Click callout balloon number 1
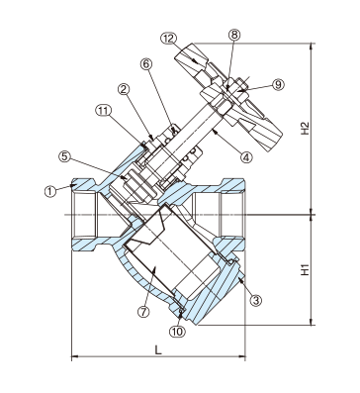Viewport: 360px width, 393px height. point(50,191)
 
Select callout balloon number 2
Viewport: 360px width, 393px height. point(124,89)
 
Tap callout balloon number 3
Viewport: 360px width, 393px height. point(256,300)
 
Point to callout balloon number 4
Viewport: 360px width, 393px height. point(246,156)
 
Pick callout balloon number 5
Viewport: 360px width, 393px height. point(64,156)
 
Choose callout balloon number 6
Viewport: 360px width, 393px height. point(146,63)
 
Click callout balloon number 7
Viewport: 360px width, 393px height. point(143,312)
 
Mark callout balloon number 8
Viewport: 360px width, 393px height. point(234,35)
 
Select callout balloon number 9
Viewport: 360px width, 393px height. point(278,85)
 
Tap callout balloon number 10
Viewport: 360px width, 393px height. point(177,332)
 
